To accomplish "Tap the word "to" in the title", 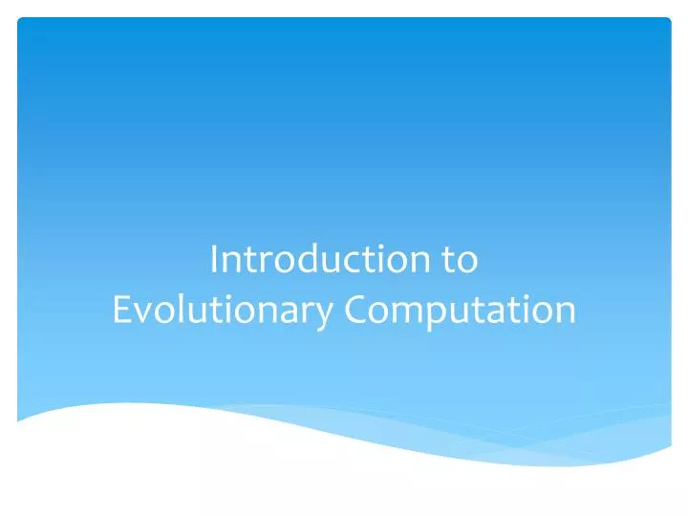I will click(x=461, y=260).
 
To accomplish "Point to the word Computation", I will click(x=461, y=310).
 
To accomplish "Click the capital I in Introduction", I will click(x=214, y=260).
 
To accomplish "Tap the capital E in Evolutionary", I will click(x=120, y=310).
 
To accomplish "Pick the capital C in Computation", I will click(x=356, y=310).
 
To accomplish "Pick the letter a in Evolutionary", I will click(x=289, y=312).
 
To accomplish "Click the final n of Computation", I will click(x=565, y=312).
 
